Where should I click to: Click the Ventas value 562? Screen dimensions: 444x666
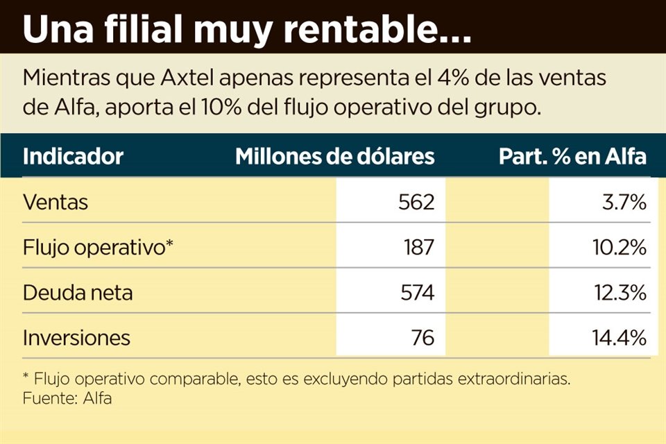416,202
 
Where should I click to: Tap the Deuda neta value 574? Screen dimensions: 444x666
416,292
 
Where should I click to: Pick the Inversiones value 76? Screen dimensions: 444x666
422,337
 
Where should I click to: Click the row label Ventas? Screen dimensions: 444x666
55,202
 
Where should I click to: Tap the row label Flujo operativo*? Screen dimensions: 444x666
97,247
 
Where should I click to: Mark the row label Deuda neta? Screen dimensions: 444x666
78,292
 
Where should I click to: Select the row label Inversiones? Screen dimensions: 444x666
76,337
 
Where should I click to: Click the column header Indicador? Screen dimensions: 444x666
73,156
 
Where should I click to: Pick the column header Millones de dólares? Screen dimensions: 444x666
335,156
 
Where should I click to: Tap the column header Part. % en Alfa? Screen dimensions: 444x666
572,156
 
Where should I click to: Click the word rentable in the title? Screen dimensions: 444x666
361,31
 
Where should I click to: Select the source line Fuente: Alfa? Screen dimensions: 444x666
67,398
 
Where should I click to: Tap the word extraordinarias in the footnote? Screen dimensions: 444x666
512,380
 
